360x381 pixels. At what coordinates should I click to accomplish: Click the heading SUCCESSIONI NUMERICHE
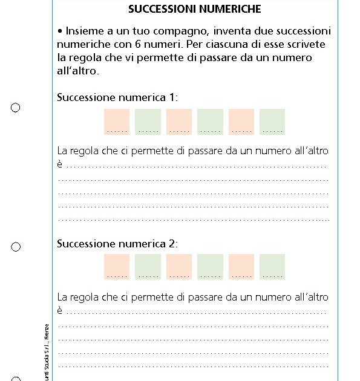(195, 10)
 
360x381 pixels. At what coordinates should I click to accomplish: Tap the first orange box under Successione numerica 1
(117, 122)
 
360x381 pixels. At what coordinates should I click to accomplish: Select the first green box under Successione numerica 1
(148, 122)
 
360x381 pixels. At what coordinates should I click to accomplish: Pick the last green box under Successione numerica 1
(272, 122)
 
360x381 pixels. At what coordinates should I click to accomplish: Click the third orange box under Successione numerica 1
(241, 122)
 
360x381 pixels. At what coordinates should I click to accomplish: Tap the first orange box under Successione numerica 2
(117, 267)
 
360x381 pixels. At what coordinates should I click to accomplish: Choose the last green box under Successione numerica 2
(272, 267)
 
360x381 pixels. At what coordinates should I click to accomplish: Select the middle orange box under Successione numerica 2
(179, 267)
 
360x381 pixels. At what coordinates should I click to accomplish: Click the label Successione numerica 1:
(117, 97)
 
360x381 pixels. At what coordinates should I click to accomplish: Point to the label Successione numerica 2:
(117, 244)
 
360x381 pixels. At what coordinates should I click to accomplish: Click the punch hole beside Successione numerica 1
(16, 108)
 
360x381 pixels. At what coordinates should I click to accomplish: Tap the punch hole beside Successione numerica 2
(16, 247)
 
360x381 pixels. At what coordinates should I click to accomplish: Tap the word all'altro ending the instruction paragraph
(77, 71)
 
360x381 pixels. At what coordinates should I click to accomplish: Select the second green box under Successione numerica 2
(210, 267)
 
